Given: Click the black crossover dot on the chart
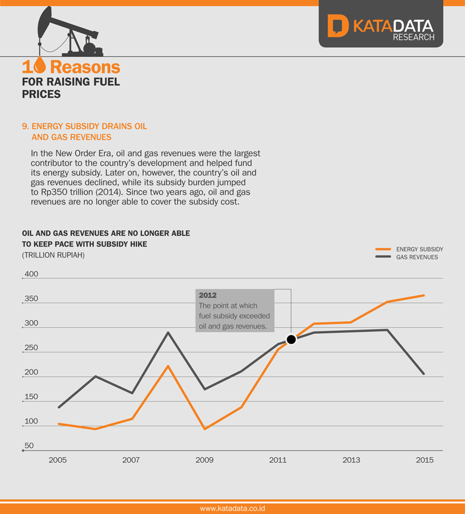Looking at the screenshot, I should click(291, 339).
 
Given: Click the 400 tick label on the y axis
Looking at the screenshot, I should click(31, 274).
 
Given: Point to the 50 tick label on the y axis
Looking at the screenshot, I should click(29, 446).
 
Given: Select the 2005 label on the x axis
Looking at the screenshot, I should click(58, 460).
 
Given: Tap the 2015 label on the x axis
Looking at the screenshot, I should click(424, 460).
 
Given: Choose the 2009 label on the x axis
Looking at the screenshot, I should click(204, 460).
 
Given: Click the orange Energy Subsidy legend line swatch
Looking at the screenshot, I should click(383, 249).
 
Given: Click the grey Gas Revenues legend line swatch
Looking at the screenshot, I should click(383, 257).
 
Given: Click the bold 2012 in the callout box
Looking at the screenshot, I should click(208, 296).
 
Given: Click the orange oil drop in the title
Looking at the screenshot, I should click(41, 66).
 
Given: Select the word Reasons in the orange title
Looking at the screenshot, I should click(85, 67).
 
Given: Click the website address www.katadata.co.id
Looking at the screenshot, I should click(232, 509).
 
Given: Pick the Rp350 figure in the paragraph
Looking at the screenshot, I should click(54, 192).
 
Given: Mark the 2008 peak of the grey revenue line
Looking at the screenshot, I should click(168, 333).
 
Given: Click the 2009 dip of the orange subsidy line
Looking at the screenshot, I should click(205, 429).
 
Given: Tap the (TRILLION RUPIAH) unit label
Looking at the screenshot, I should click(53, 255).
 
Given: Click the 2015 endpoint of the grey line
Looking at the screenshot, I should click(424, 374).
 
